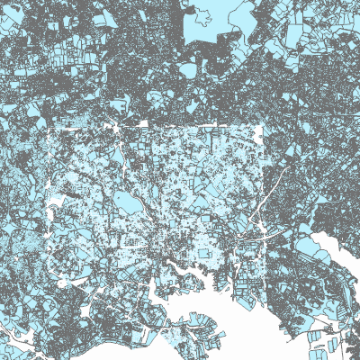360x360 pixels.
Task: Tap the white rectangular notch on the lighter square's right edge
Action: click(x=260, y=135)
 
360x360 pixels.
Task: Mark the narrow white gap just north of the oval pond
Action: click(x=126, y=192)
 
